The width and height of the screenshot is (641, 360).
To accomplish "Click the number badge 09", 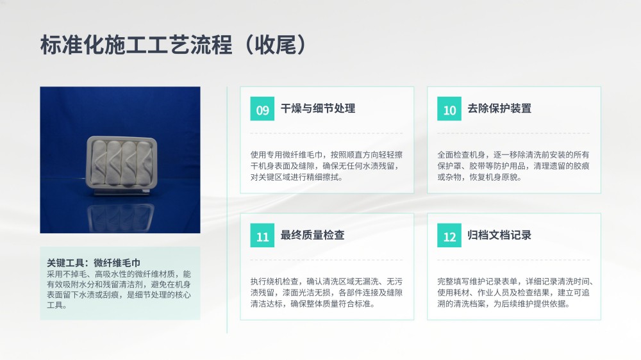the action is (x=262, y=109).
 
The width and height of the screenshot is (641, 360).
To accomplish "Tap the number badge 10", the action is (x=449, y=109).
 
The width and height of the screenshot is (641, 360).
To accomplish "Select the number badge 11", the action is (x=262, y=235).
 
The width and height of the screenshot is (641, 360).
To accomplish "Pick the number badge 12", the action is (x=449, y=235).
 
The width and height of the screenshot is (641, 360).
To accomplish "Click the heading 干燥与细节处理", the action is (x=318, y=108).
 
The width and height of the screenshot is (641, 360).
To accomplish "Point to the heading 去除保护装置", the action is (x=499, y=108).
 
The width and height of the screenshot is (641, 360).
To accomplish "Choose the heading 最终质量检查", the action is (x=312, y=235).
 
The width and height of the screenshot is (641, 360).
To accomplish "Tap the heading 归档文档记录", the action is (x=499, y=235).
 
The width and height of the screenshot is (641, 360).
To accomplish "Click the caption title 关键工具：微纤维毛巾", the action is (x=94, y=263).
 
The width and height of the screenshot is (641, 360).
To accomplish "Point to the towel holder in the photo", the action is (x=121, y=164).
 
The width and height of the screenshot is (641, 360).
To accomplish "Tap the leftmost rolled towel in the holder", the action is (x=99, y=163).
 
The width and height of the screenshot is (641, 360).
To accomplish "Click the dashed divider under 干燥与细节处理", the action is (x=327, y=133).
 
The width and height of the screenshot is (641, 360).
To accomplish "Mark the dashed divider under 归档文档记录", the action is (x=513, y=260).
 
